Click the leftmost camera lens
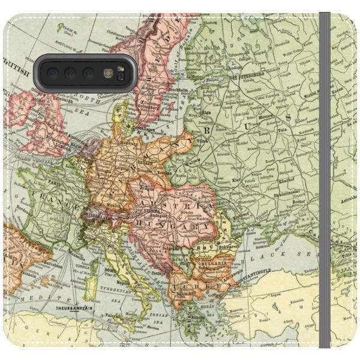coord(52,73)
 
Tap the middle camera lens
coord(70,73)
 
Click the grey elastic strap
coord(325,180)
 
